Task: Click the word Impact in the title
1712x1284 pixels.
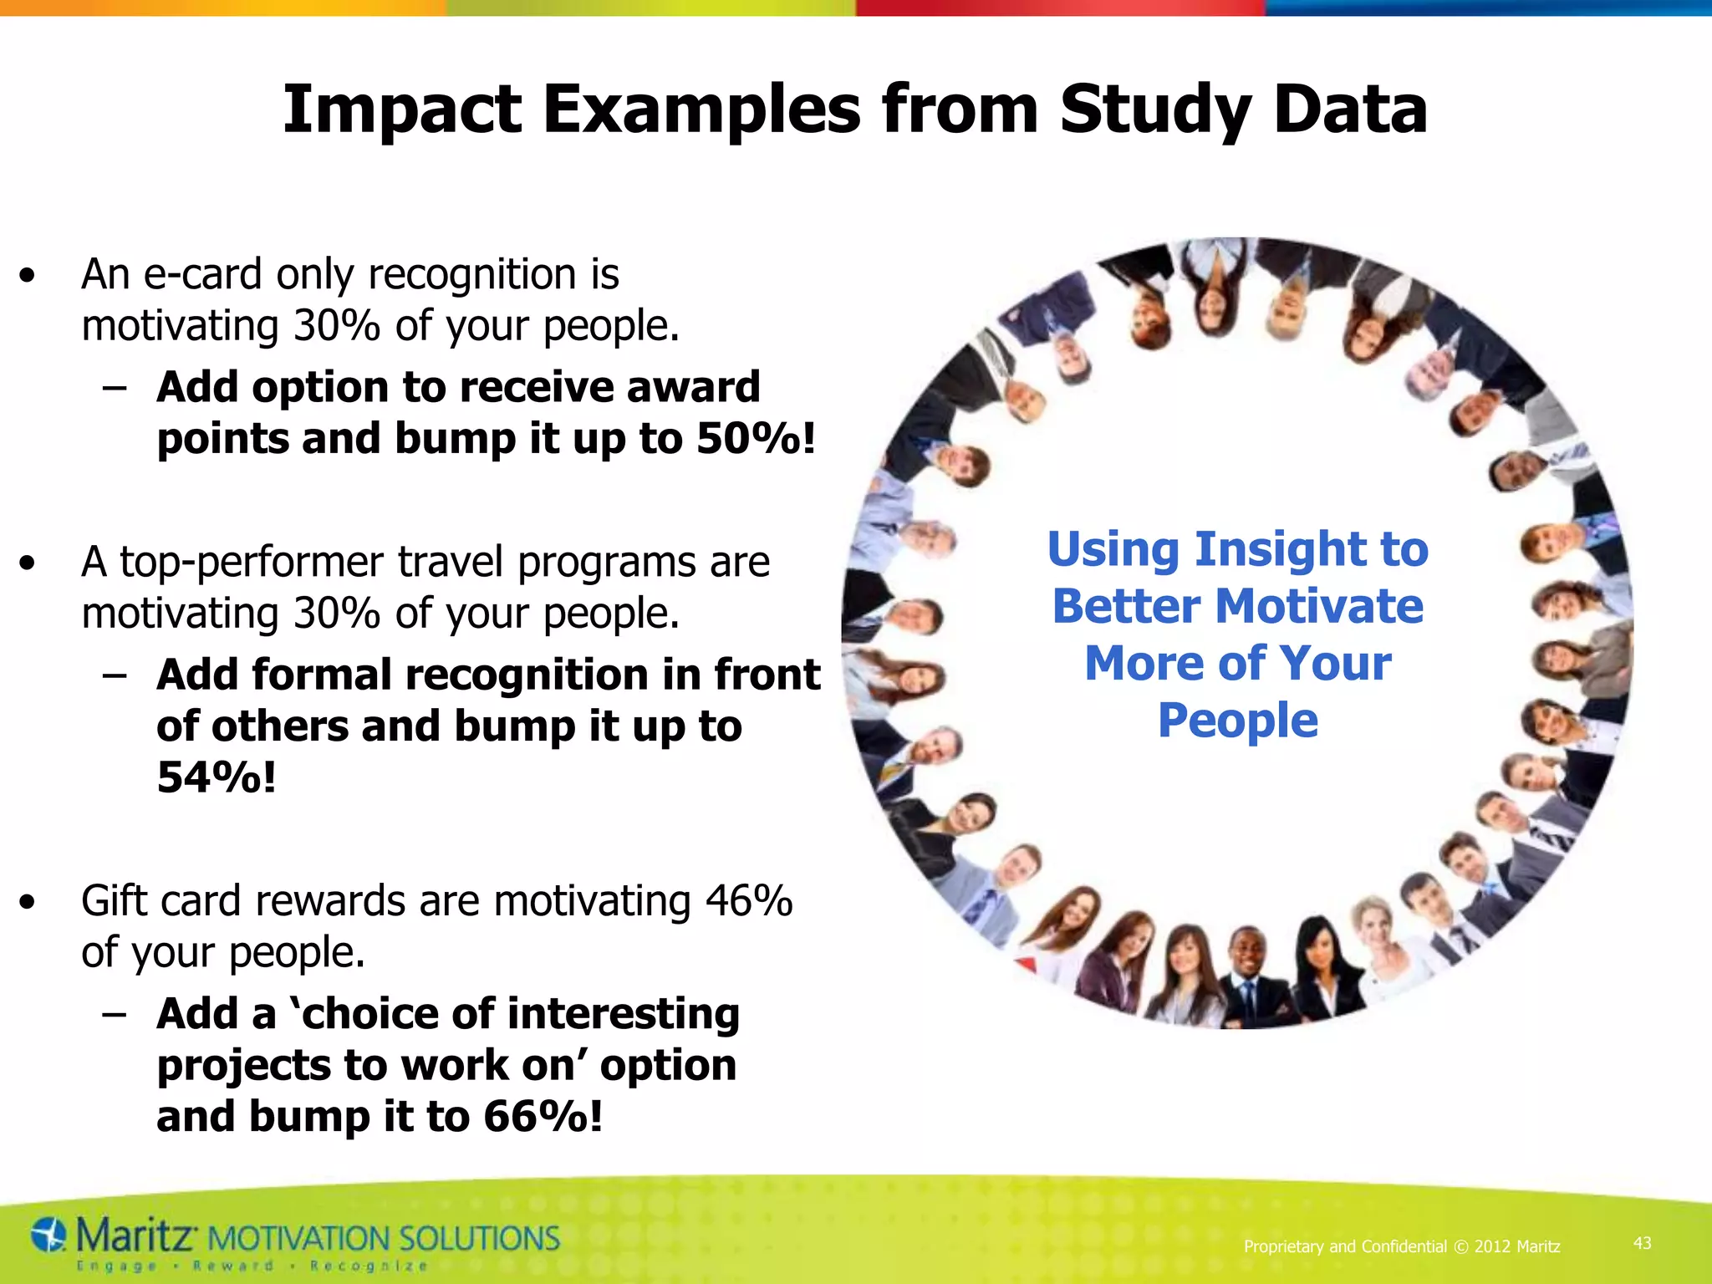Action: pyautogui.click(x=402, y=110)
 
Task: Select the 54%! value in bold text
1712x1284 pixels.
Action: pyautogui.click(x=217, y=777)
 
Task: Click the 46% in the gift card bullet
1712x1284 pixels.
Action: pyautogui.click(x=748, y=901)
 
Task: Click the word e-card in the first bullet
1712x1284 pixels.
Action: pyautogui.click(x=204, y=274)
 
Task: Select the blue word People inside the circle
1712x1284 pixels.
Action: pyautogui.click(x=1237, y=721)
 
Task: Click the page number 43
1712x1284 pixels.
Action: pyautogui.click(x=1642, y=1243)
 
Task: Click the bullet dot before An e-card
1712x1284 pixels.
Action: pyautogui.click(x=28, y=276)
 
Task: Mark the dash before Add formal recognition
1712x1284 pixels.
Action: pyautogui.click(x=115, y=675)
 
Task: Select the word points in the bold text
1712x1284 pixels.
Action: pyautogui.click(x=222, y=439)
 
